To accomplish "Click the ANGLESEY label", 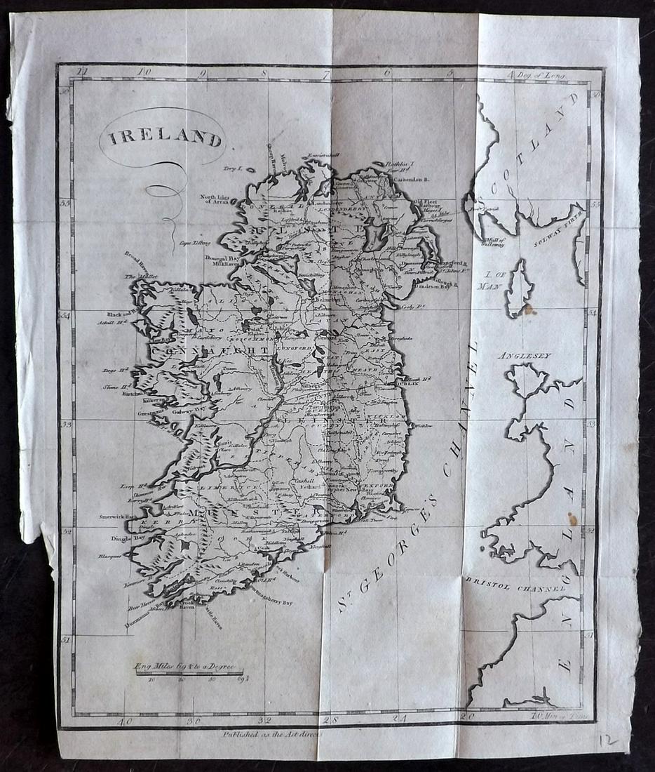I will (x=524, y=356).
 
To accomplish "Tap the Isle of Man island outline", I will (x=520, y=288).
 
